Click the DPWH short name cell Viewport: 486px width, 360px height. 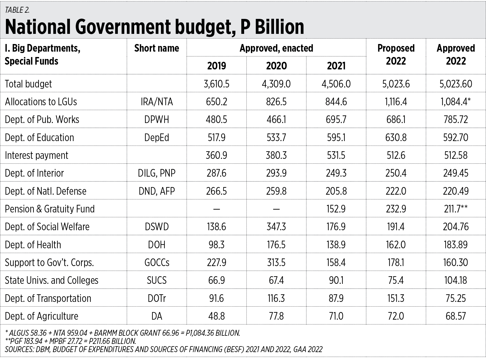156,120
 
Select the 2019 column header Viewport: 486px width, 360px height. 217,66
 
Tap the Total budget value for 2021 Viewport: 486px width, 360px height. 336,84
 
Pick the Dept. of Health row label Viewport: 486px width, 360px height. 33,245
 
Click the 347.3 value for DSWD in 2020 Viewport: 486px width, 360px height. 276,227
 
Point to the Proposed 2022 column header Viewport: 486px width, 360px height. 396,55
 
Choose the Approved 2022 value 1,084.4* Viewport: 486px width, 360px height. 456,102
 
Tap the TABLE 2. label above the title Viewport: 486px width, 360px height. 17,10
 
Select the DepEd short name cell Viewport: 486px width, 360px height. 156,137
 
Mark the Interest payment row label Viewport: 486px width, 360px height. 37,155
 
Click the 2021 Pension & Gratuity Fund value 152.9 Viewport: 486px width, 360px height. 336,209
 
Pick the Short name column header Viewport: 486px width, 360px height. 156,48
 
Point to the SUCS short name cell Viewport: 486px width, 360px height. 156,280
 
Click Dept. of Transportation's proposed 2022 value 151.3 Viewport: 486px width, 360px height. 396,298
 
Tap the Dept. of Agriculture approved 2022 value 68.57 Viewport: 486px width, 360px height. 456,316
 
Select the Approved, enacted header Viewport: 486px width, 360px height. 276,48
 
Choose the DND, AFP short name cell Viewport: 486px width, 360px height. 156,191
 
